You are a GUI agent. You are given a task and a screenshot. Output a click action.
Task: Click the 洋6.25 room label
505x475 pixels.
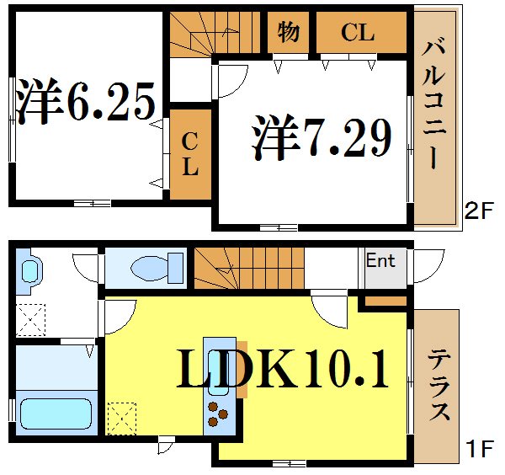(86, 101)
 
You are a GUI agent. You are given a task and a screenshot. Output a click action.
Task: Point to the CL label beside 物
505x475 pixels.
(357, 33)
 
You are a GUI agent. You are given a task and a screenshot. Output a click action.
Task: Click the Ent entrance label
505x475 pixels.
(380, 261)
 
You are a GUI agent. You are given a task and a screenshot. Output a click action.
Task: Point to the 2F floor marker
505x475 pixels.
(477, 211)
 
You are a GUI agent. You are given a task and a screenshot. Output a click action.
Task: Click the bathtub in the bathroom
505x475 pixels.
(56, 414)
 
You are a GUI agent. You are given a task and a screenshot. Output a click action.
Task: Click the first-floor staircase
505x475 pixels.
(244, 267)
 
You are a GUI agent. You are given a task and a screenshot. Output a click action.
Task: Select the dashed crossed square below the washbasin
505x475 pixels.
(32, 320)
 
